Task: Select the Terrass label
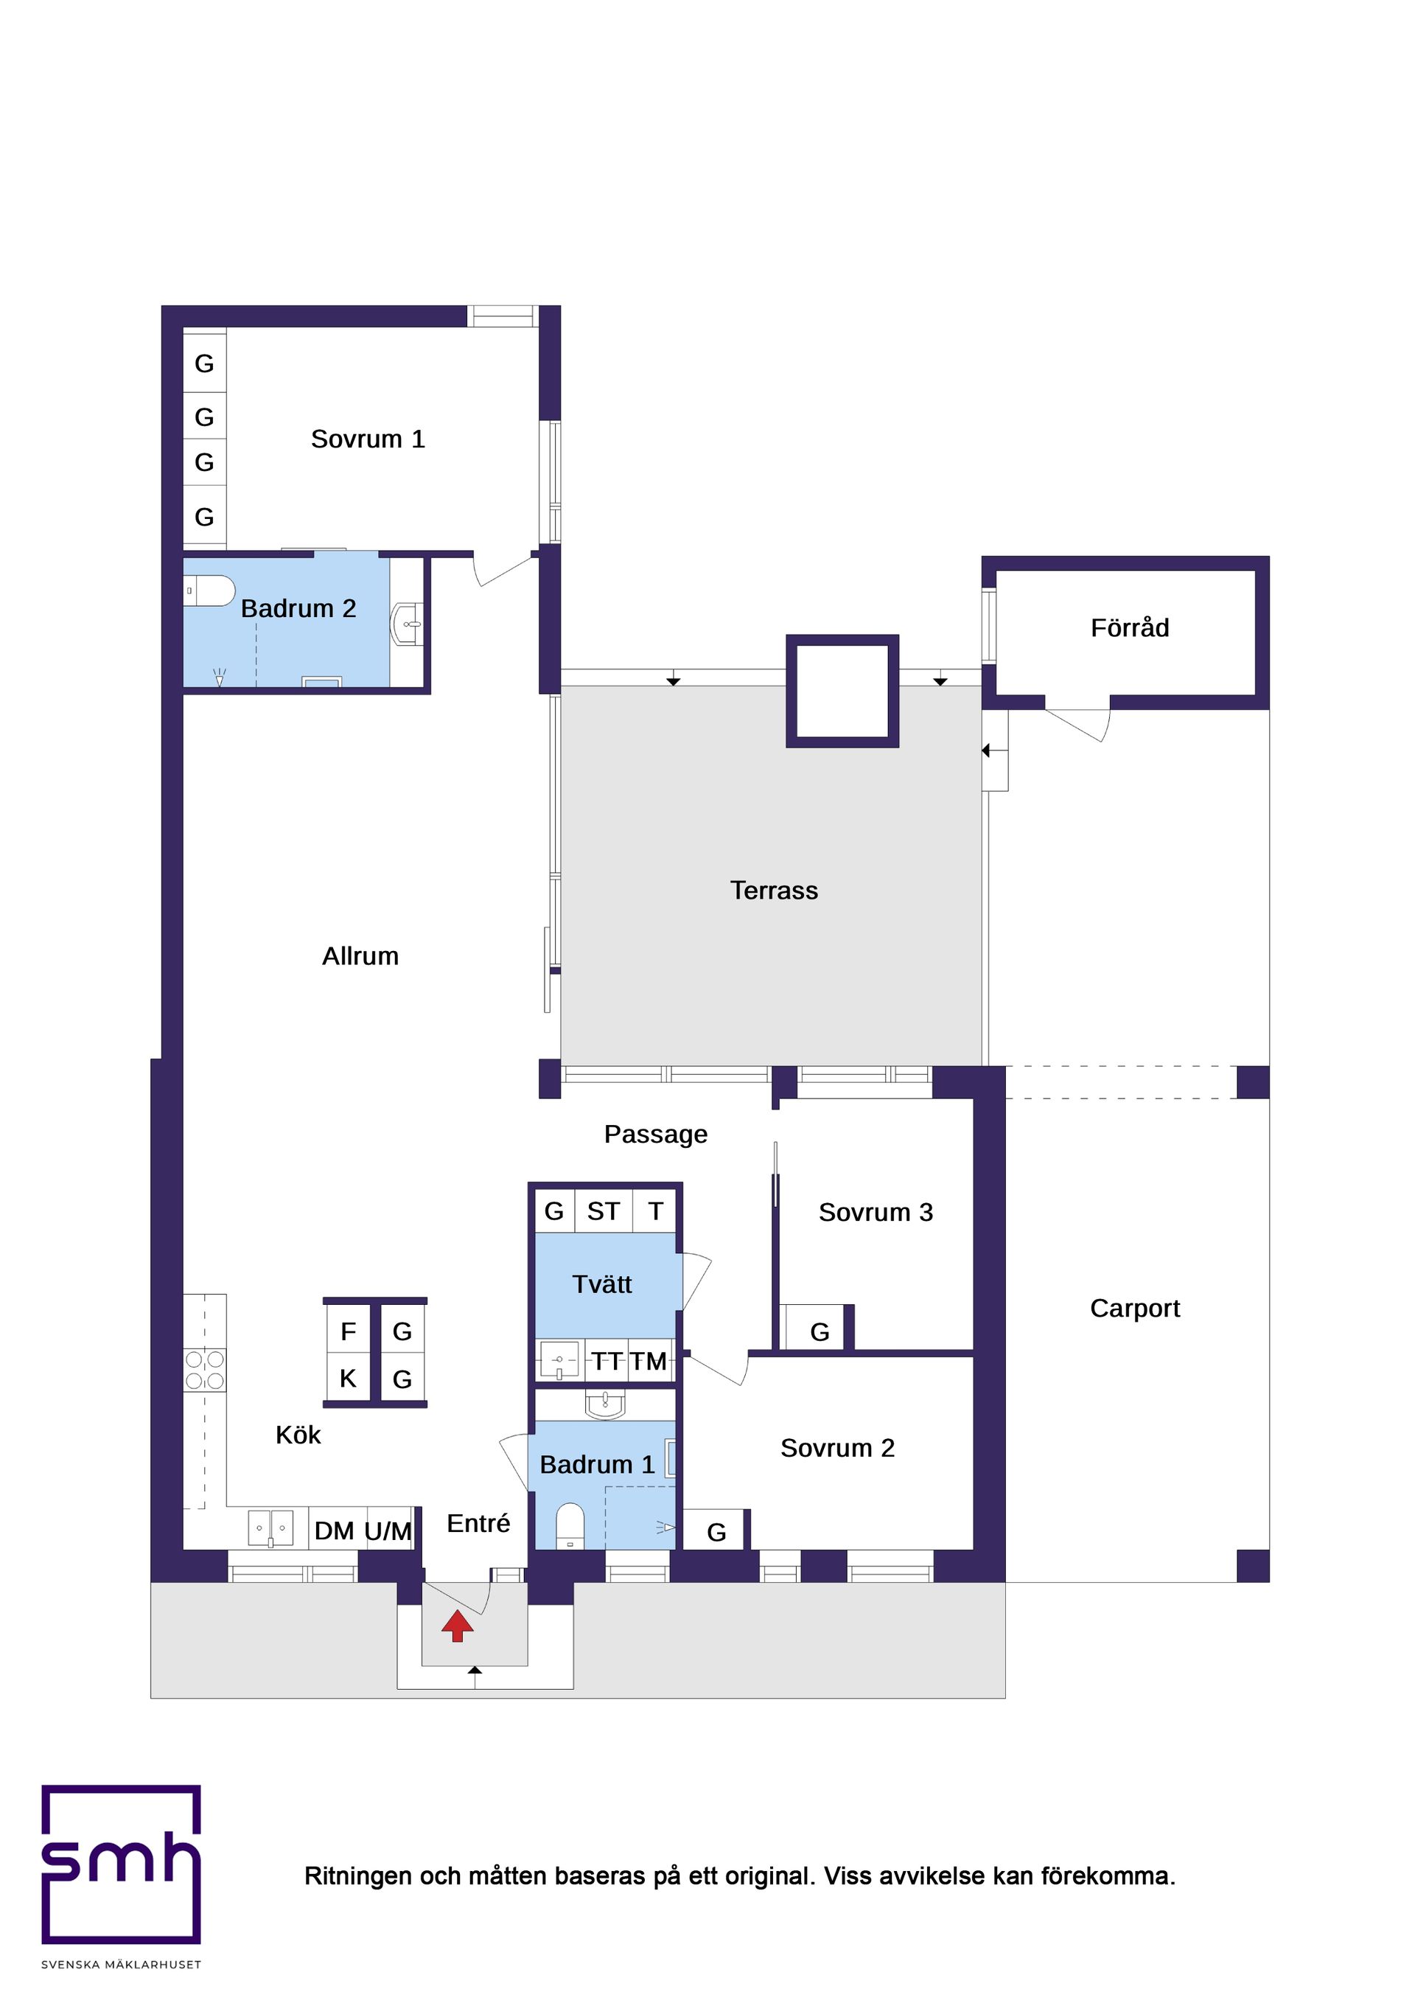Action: (774, 891)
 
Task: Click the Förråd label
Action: (1130, 628)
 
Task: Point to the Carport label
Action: (1134, 1309)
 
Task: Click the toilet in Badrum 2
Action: (209, 591)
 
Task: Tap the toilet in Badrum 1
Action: (570, 1527)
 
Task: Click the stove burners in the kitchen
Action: (205, 1370)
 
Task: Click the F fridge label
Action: (348, 1332)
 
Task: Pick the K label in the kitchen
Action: (348, 1379)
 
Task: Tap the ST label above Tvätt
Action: (603, 1211)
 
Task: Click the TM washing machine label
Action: (649, 1361)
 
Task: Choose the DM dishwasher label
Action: (334, 1531)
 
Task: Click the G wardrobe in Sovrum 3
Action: (820, 1332)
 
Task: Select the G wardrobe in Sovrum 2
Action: (716, 1532)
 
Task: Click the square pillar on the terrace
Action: (842, 691)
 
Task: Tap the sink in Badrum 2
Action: (408, 624)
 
